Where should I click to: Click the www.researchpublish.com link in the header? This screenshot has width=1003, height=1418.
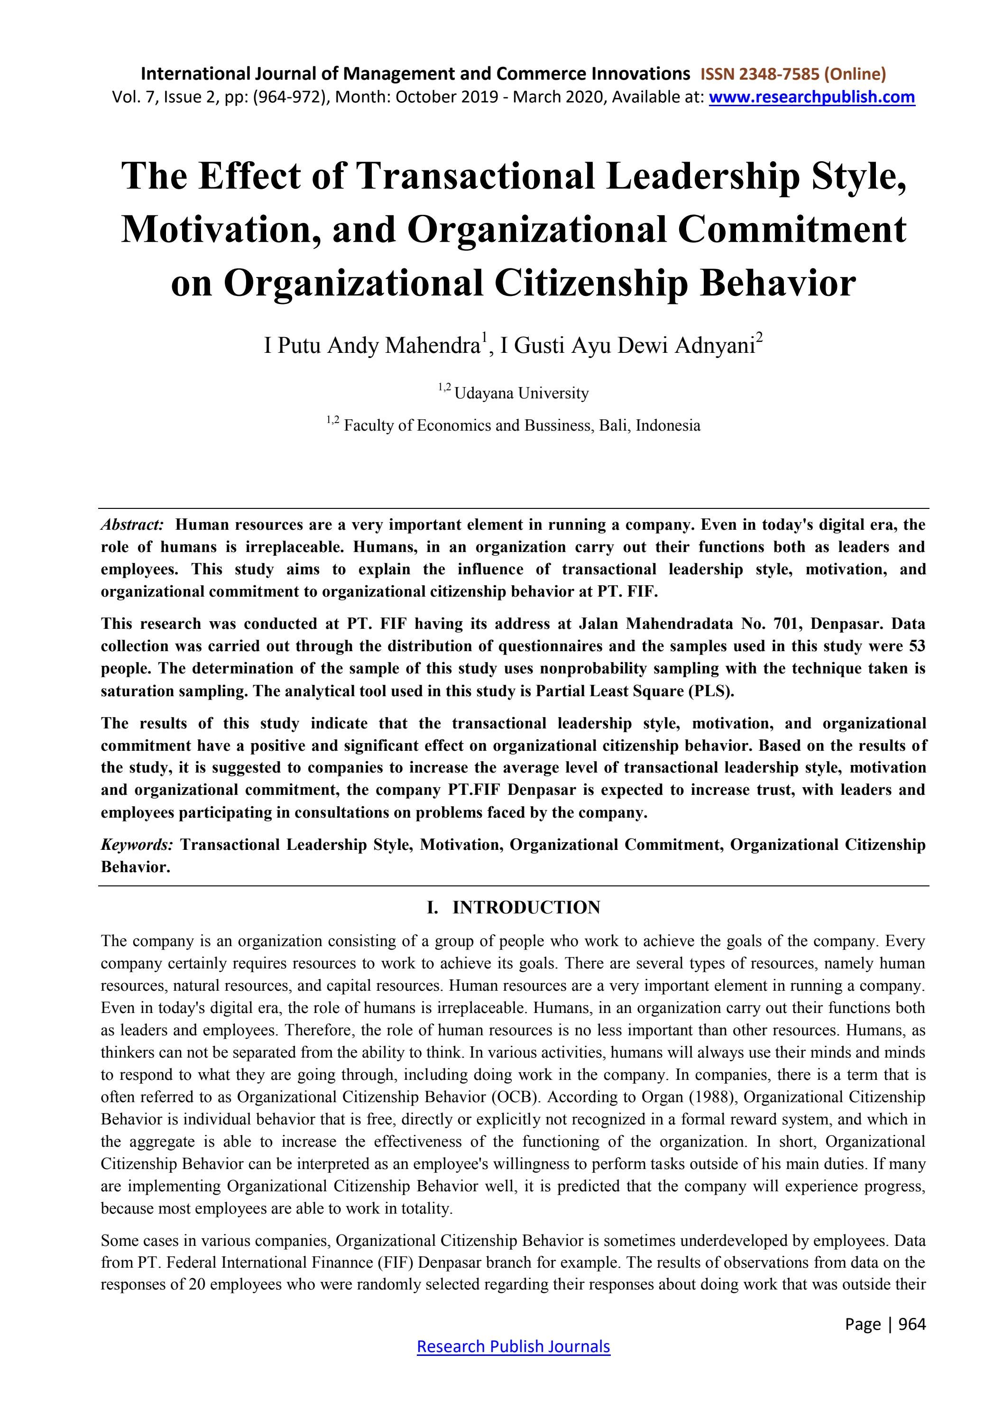tap(811, 97)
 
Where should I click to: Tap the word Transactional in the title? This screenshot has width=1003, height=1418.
tap(476, 176)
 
